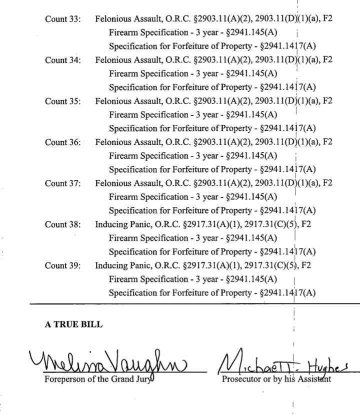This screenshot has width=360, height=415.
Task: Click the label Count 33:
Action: (62, 19)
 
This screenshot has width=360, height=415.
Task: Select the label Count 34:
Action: (62, 60)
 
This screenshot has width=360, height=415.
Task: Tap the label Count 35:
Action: (62, 101)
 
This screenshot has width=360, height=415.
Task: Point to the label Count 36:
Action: (62, 142)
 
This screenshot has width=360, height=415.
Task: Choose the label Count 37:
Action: (62, 183)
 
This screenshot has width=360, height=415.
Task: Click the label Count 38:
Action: (62, 224)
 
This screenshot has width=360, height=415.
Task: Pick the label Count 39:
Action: (62, 265)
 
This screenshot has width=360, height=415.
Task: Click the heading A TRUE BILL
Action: (73, 324)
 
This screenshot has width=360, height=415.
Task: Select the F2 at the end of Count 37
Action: (327, 183)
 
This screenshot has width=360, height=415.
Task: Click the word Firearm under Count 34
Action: (123, 73)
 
